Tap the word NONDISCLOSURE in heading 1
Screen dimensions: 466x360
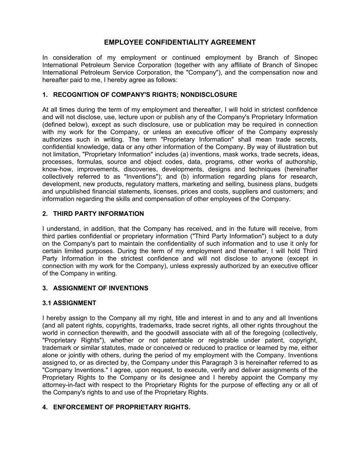[214, 95]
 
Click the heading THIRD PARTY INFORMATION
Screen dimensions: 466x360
[98, 214]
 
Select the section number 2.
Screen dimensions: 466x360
[45, 214]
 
